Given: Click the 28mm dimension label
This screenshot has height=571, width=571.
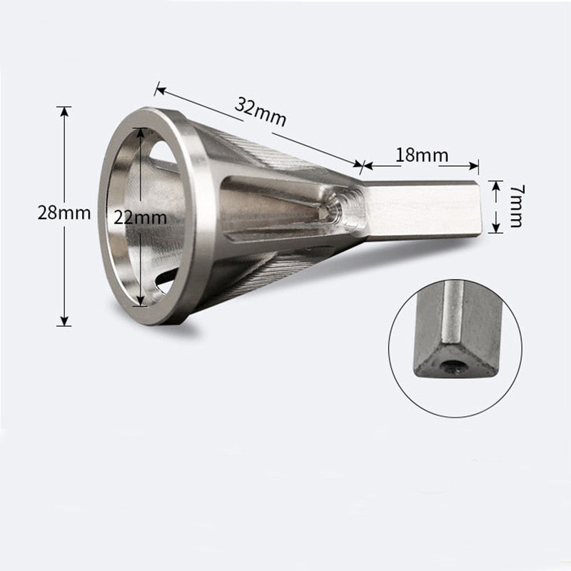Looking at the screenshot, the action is click(64, 213).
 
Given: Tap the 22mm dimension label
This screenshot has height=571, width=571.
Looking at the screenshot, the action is click(140, 218).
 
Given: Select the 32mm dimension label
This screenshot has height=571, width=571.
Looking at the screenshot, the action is click(261, 112).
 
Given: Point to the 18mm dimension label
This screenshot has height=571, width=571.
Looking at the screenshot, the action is click(422, 155).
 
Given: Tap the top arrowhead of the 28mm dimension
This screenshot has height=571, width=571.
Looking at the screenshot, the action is click(64, 111).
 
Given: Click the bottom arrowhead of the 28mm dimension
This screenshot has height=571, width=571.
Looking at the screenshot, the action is click(64, 321).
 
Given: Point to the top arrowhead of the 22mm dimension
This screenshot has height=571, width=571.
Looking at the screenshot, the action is click(141, 132).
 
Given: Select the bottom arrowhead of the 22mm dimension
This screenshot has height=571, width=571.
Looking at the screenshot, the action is click(141, 300).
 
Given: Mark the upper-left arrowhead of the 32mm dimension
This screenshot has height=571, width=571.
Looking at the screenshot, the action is click(160, 90).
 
